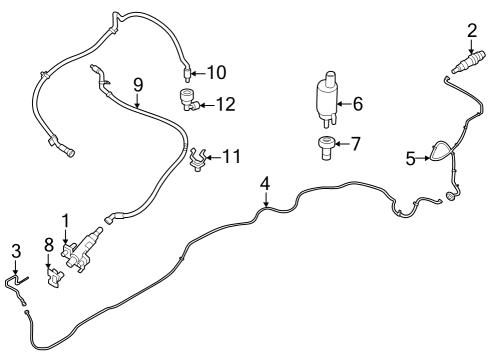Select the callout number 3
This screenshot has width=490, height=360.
[x=15, y=250]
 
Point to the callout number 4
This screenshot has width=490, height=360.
[x=265, y=183]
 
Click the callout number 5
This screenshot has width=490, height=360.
[x=410, y=157]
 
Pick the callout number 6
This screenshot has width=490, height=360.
[x=358, y=102]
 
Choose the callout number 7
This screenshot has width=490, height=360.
[x=358, y=145]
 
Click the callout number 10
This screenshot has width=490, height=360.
[x=217, y=72]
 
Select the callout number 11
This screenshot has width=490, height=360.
[x=231, y=156]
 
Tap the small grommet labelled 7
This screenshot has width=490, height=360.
[x=325, y=146]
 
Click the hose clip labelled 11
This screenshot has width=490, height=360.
[x=199, y=158]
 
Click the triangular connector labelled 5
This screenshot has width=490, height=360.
[x=438, y=152]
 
